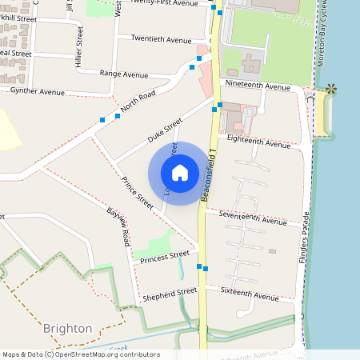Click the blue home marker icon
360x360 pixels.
pyautogui.click(x=180, y=172)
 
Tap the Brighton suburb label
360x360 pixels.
pyautogui.click(x=68, y=328)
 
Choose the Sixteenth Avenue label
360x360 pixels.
pyautogui.click(x=250, y=294)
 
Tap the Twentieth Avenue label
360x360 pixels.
pyautogui.click(x=161, y=38)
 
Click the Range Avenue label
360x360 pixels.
pyautogui.click(x=124, y=74)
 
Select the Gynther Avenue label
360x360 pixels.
pyautogui.click(x=37, y=92)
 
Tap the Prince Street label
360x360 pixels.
pyautogui.click(x=138, y=194)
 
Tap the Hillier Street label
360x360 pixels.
pyautogui.click(x=80, y=46)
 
